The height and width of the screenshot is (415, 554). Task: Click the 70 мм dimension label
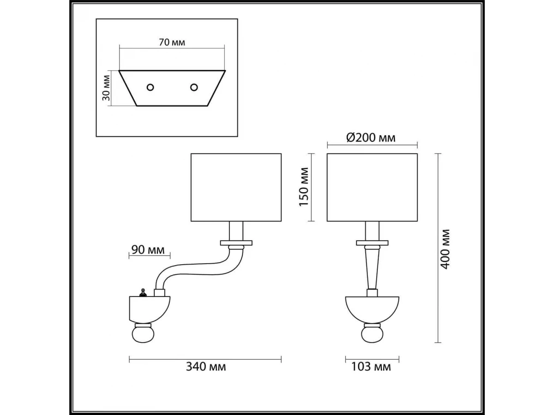pos(172,42)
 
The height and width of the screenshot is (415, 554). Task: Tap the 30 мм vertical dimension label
pos(106,88)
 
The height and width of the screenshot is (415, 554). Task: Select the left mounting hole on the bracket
pos(150,88)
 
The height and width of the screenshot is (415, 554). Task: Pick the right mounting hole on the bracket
pos(194,88)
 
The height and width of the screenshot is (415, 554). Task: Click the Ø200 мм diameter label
pos(371,138)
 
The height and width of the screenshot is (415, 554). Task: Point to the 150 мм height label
pos(304,187)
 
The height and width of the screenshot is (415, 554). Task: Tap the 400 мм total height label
pos(445,249)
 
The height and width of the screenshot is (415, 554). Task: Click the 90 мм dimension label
pos(148,250)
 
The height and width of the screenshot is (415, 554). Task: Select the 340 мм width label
pos(206,367)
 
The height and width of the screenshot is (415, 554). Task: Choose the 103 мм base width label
pos(371,367)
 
